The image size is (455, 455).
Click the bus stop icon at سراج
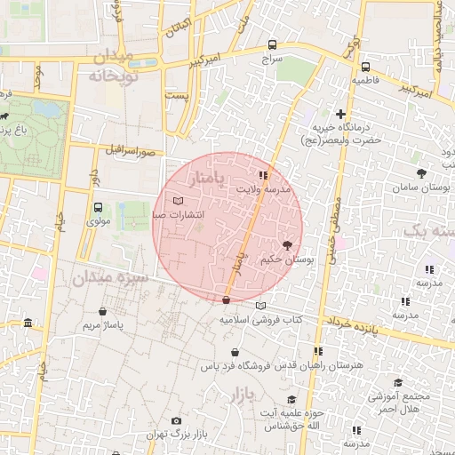click(272, 44)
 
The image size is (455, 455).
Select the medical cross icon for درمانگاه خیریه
click(340, 113)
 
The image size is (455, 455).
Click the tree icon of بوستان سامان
click(421, 173)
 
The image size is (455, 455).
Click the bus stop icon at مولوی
click(98, 207)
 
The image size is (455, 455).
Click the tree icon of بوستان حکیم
click(286, 243)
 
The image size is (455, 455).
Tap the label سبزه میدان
click(93, 278)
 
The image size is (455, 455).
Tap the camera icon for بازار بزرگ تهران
click(176, 420)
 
